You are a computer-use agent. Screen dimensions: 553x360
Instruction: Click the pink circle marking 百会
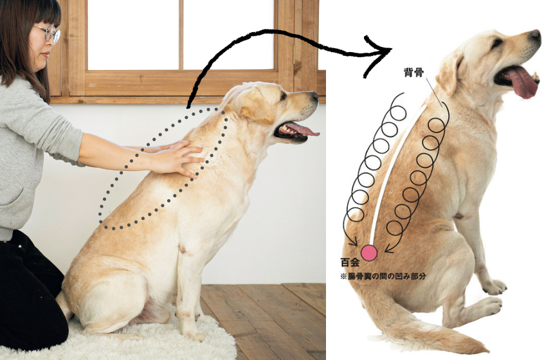point(369,253)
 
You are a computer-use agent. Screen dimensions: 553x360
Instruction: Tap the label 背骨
point(413,72)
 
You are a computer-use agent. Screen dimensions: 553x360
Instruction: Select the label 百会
point(350,263)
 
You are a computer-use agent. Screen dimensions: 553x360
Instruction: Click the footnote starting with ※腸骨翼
point(383,276)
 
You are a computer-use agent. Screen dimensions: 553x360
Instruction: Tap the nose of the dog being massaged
point(314,95)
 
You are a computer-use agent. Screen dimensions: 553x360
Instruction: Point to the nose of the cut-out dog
point(536,35)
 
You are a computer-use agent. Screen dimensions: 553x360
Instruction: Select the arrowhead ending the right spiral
point(390,248)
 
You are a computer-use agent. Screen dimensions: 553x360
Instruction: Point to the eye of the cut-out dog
point(496,42)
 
